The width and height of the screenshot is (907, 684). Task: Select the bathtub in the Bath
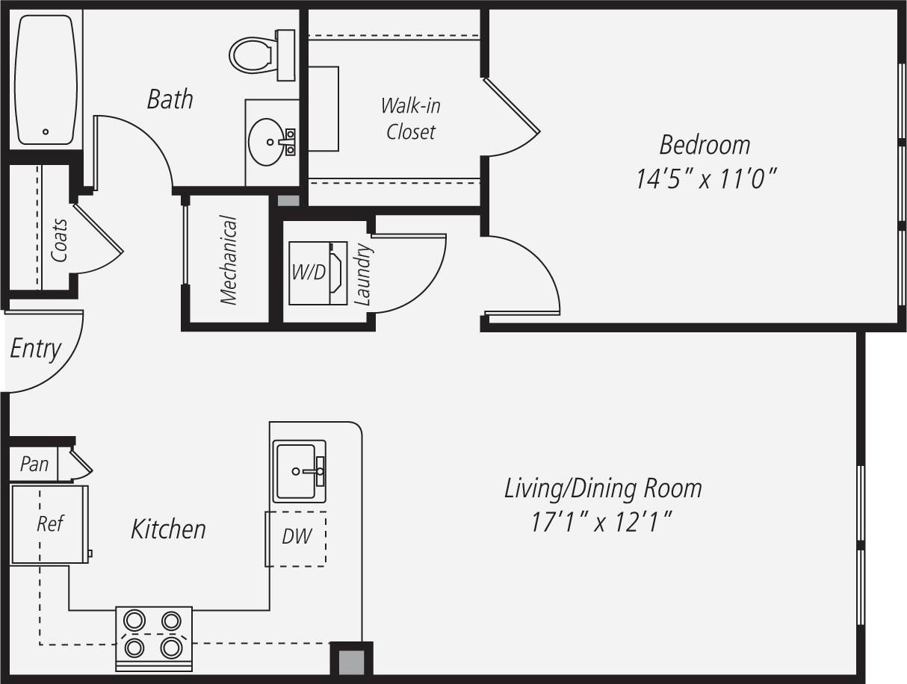point(46,79)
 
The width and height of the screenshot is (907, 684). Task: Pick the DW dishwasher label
point(297,536)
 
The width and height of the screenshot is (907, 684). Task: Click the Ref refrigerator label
point(50,523)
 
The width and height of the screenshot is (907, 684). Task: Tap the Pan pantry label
point(34,464)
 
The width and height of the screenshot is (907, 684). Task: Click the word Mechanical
point(229,261)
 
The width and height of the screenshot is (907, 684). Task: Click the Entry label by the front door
point(35,349)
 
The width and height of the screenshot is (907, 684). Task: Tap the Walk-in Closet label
point(410,119)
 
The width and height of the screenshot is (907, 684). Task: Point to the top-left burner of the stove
point(134,620)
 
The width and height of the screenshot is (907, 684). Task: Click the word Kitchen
point(168,529)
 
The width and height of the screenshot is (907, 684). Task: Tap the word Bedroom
point(705,144)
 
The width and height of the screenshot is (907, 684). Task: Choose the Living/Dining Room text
point(603,489)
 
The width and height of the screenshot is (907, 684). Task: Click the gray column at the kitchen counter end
point(351,662)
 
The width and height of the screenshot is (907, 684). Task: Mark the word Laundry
point(363,274)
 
